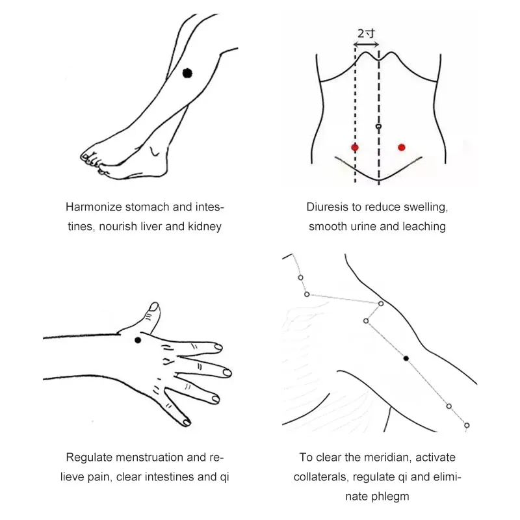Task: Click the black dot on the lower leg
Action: [x=188, y=73]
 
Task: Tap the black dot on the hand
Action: [x=138, y=341]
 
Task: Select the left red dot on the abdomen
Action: [x=355, y=148]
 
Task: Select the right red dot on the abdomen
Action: [x=402, y=148]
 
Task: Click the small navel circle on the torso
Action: [x=378, y=126]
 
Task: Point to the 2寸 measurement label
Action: [x=366, y=32]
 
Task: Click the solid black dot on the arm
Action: [x=406, y=358]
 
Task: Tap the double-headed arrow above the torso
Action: [x=367, y=44]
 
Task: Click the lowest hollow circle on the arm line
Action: [x=467, y=425]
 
